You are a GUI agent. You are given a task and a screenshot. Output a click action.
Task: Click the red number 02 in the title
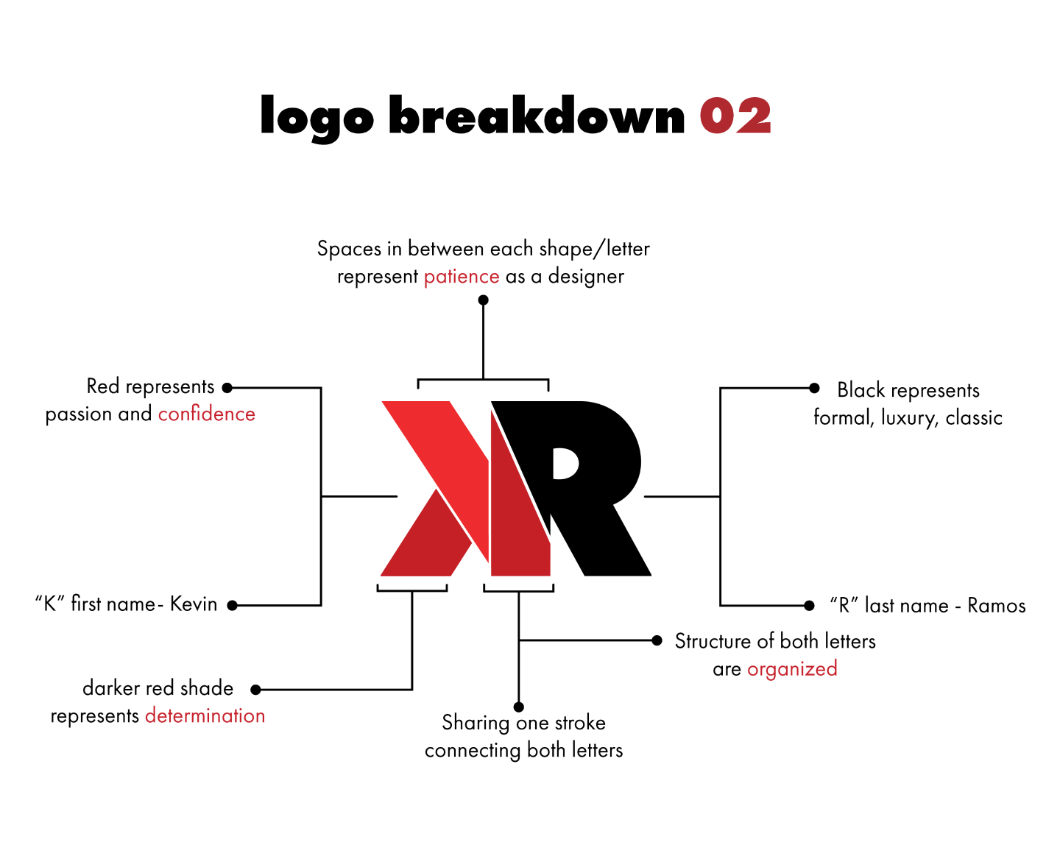point(735,116)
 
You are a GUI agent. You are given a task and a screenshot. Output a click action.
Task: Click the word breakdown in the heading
point(537,116)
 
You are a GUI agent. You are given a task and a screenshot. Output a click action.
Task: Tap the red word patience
point(462,277)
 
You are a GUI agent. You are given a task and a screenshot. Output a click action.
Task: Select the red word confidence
point(207,414)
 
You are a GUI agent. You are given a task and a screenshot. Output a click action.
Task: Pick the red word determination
point(205,715)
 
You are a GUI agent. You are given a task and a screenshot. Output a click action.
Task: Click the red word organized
point(792,669)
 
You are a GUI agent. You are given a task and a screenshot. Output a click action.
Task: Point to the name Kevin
point(194,604)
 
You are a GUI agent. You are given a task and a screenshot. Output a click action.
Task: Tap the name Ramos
point(996,606)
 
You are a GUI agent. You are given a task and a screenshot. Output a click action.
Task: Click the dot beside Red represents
point(227,388)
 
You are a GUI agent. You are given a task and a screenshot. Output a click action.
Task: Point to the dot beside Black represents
point(814,388)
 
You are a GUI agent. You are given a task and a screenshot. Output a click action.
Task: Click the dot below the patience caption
point(483,300)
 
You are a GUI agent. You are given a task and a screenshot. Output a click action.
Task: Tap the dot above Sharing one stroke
point(519,707)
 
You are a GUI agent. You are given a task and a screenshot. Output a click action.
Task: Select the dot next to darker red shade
point(255,690)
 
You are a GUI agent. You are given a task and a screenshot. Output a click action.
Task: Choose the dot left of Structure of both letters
point(657,640)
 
